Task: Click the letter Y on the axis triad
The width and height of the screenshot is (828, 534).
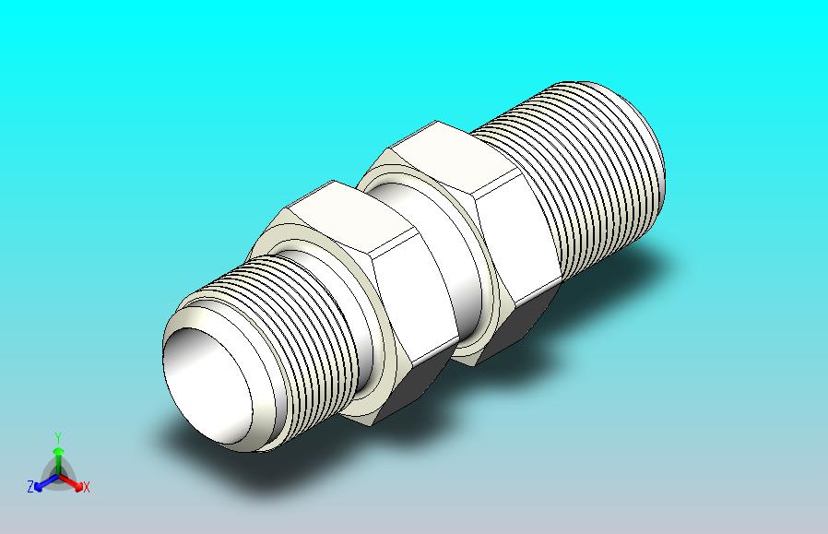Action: pyautogui.click(x=58, y=437)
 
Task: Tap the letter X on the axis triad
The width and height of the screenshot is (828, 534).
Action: pyautogui.click(x=86, y=487)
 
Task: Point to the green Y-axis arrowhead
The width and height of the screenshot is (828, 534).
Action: pyautogui.click(x=58, y=451)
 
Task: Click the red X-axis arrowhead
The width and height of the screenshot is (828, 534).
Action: pyautogui.click(x=78, y=487)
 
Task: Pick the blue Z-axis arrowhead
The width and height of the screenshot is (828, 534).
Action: pyautogui.click(x=39, y=486)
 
